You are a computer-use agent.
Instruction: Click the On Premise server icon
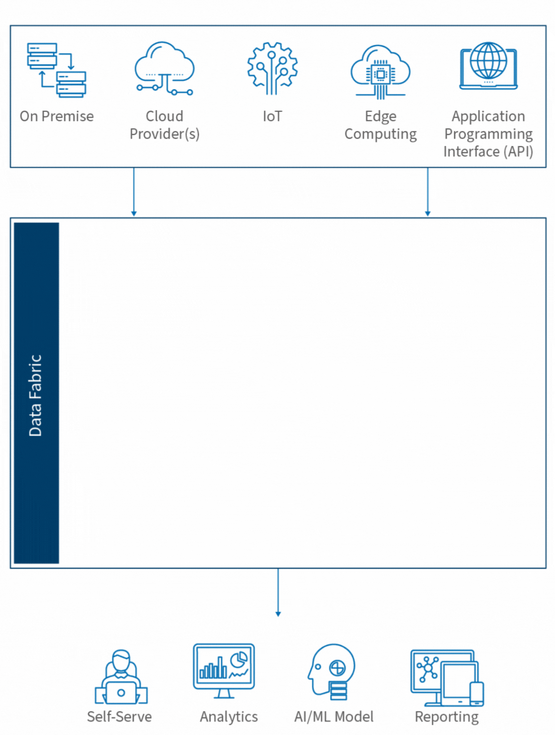(x=56, y=70)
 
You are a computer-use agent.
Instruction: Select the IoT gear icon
(x=272, y=68)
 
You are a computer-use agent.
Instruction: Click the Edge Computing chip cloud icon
(x=380, y=71)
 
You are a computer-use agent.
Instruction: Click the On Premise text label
(x=56, y=116)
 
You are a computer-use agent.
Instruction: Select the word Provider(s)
(x=164, y=134)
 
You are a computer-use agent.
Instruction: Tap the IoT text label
(x=272, y=116)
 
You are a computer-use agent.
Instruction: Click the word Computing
(x=380, y=134)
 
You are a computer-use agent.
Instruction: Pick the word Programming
(x=488, y=134)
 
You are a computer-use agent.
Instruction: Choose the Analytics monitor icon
(x=224, y=670)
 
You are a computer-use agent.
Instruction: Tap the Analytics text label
(x=228, y=717)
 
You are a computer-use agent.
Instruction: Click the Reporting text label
(x=446, y=717)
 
